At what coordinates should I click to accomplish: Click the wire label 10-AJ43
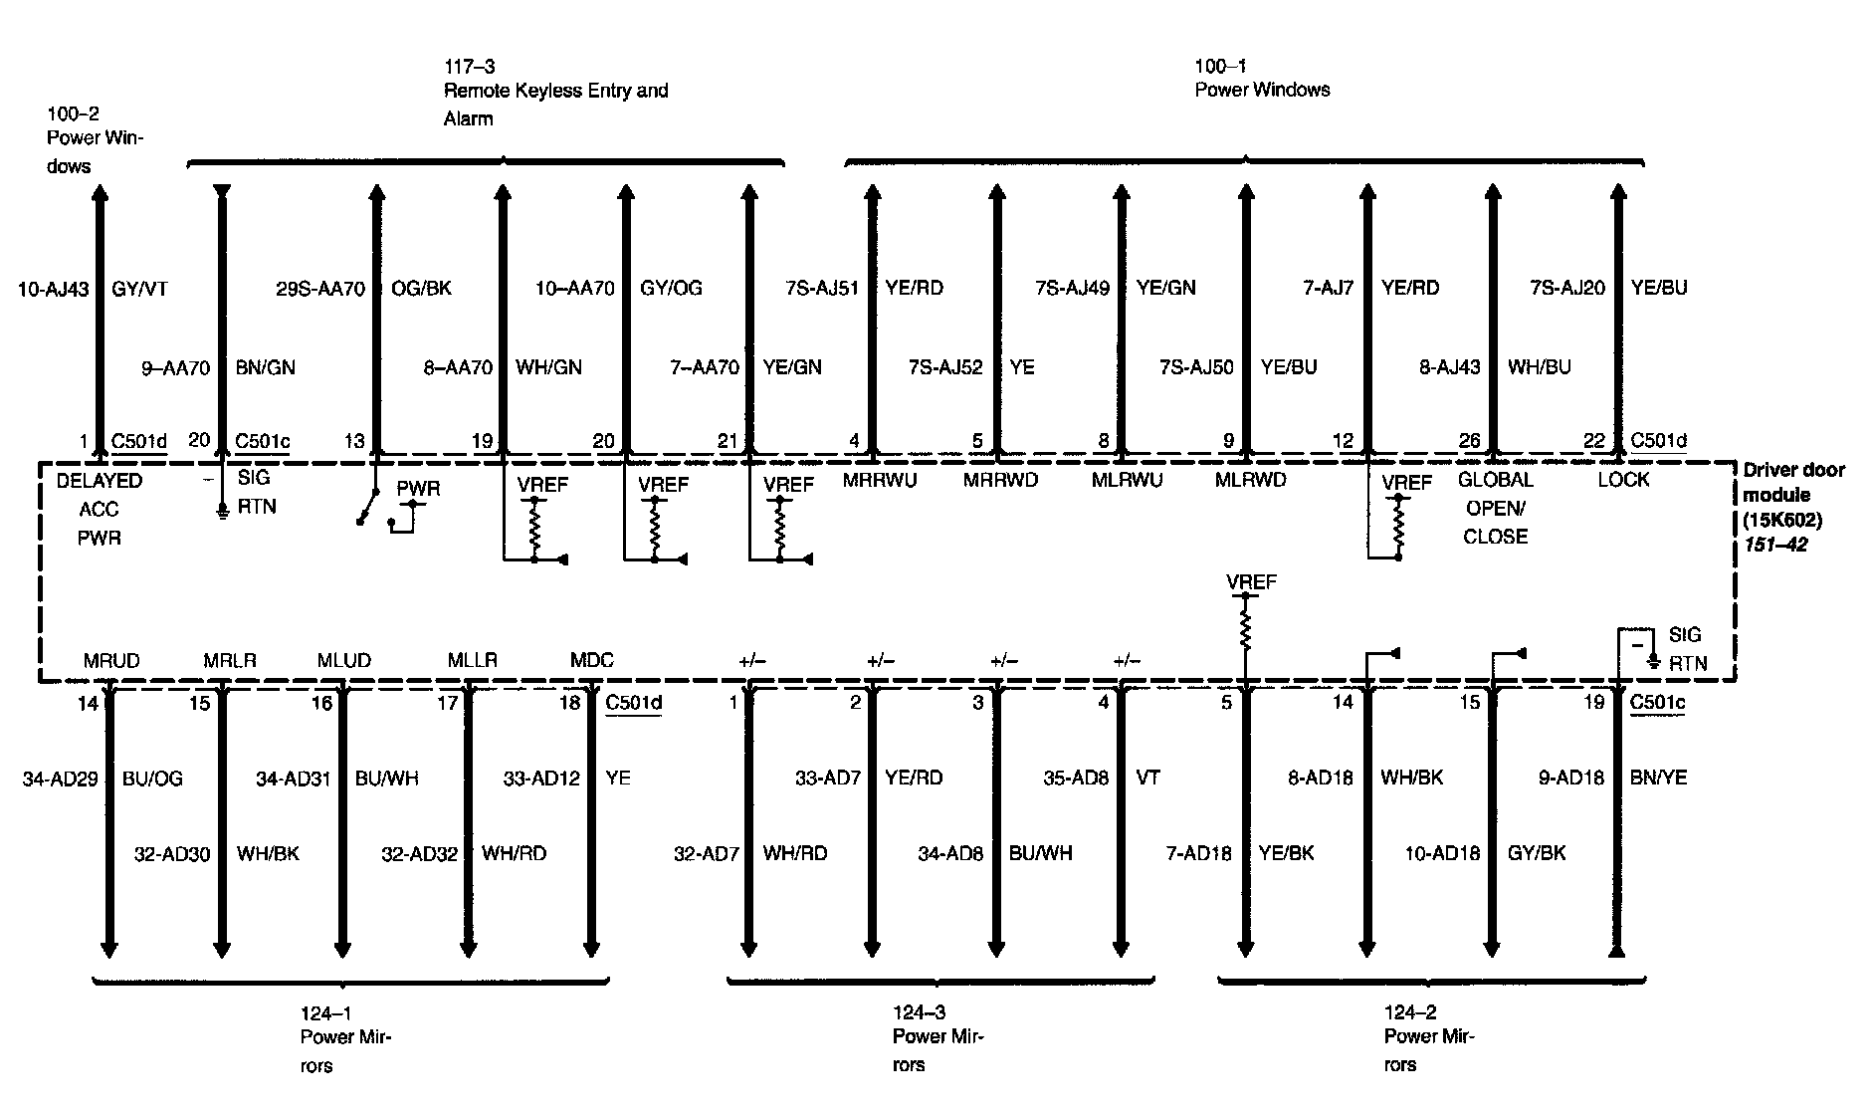click(54, 290)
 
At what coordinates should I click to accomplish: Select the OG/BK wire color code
click(422, 289)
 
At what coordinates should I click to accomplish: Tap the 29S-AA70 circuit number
click(320, 289)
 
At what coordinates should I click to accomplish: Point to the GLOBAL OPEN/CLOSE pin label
click(1495, 508)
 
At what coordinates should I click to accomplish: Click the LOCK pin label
click(1623, 480)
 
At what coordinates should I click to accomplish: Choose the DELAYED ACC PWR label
click(100, 509)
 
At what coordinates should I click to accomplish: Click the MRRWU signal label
click(879, 480)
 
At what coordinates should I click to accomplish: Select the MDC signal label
click(592, 660)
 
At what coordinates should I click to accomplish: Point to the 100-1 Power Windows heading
click(1262, 79)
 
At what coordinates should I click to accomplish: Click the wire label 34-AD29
click(61, 779)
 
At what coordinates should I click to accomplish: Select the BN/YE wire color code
click(1659, 778)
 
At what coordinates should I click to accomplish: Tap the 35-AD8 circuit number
click(1075, 778)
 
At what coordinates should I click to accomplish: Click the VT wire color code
click(1147, 778)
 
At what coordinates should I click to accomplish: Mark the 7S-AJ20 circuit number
click(1567, 288)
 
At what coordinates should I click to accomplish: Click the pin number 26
click(1469, 441)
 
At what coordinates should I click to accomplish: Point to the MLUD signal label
click(344, 660)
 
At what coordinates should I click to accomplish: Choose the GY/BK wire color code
click(1537, 853)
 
